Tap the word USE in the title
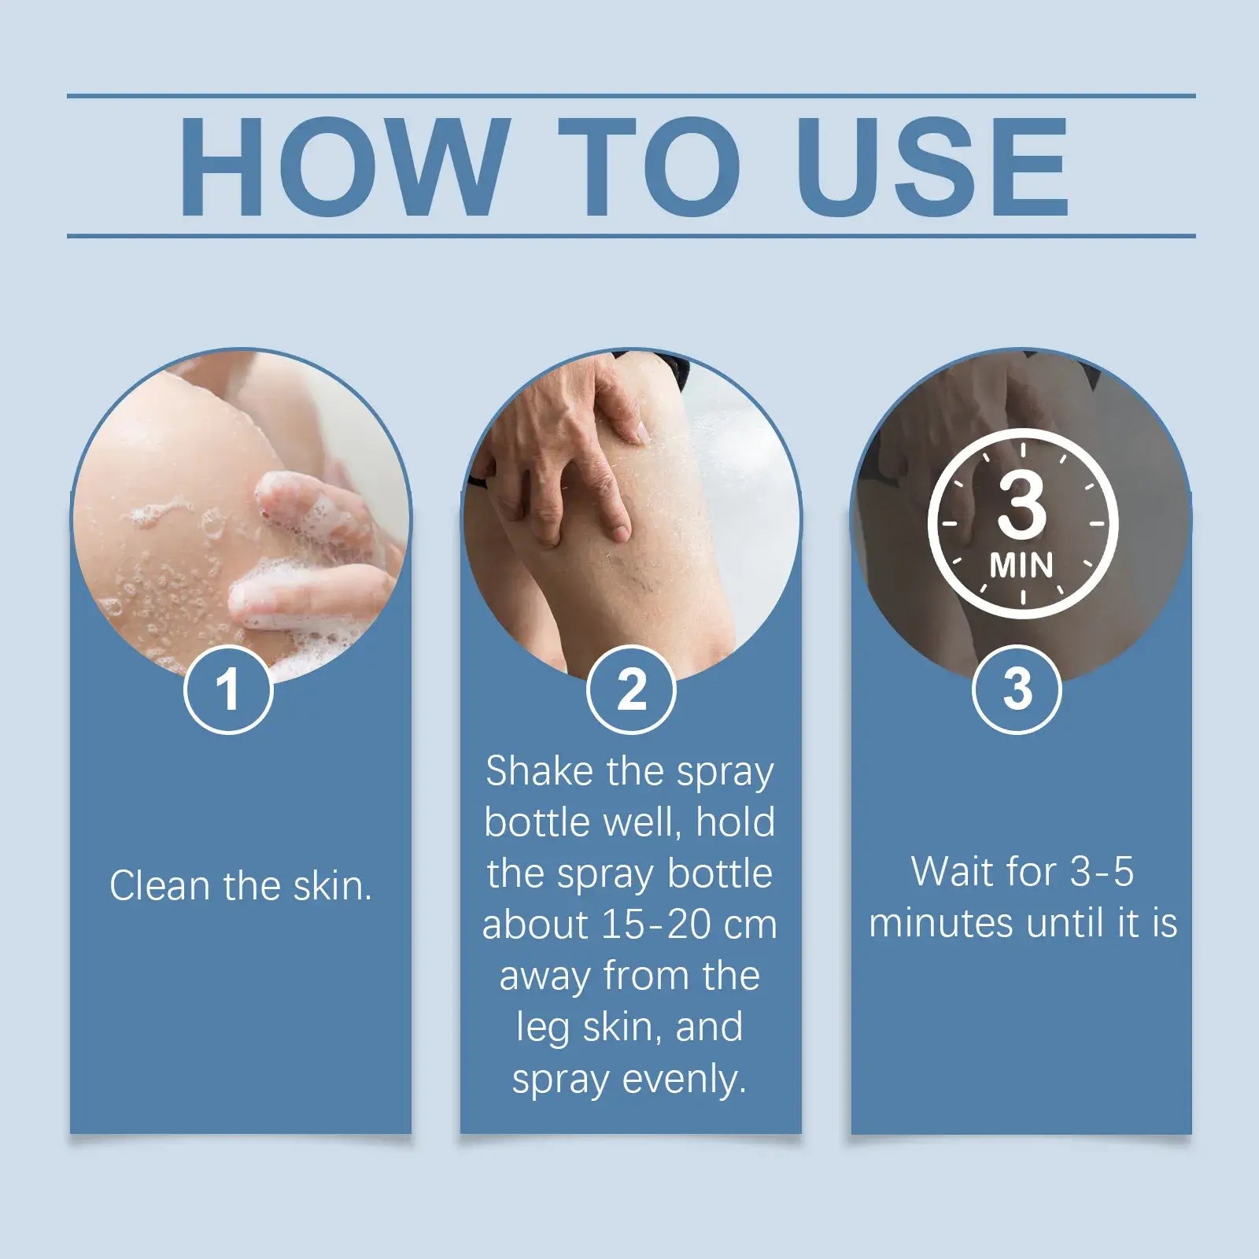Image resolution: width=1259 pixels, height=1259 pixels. (x=932, y=167)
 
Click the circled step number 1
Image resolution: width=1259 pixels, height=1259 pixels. (x=228, y=690)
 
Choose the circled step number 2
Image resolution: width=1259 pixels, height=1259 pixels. (x=631, y=690)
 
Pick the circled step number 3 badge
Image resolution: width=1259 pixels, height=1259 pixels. (x=1017, y=690)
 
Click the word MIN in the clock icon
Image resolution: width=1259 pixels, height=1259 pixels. (x=1021, y=565)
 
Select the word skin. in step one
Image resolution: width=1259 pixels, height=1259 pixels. (x=332, y=886)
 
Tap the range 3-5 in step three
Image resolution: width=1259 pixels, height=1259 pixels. (x=1102, y=872)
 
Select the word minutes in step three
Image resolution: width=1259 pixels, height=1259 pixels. (x=941, y=923)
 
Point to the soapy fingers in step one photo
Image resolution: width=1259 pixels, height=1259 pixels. (x=315, y=551)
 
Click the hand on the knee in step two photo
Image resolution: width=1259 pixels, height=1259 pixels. (x=567, y=441)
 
